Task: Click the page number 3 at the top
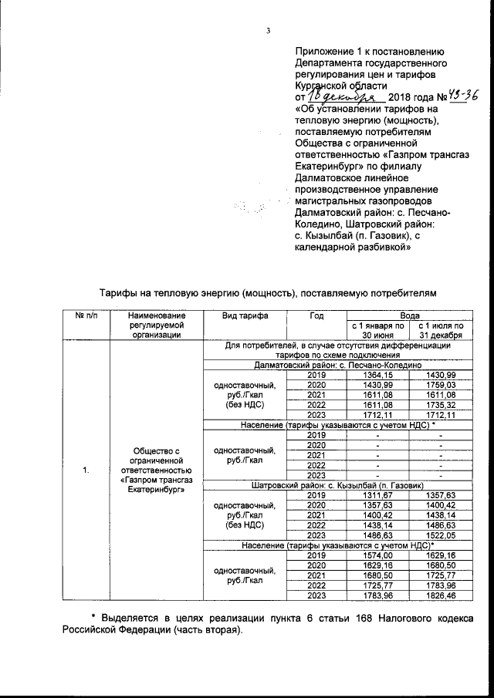(268, 32)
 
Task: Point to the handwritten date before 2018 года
(347, 97)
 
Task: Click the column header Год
(316, 316)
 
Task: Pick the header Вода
(409, 316)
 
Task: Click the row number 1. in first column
(86, 470)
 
